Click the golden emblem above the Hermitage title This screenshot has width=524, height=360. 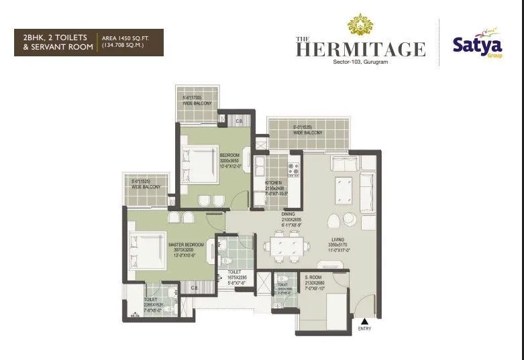(360, 25)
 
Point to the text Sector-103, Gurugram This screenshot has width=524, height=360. (360, 63)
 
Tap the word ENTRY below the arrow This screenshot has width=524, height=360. (364, 328)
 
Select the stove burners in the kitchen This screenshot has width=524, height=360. (293, 167)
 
